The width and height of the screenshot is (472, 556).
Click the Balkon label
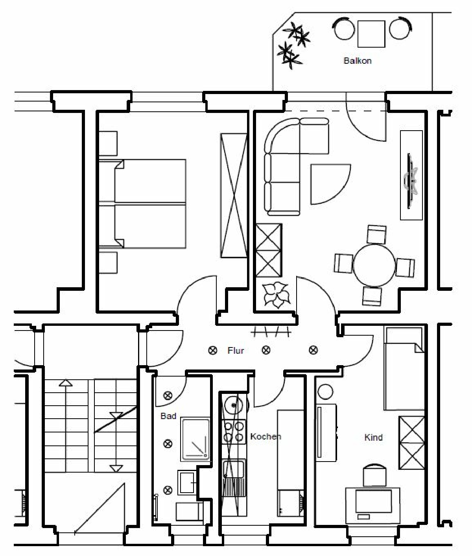[358, 61]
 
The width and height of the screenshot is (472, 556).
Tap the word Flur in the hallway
[236, 351]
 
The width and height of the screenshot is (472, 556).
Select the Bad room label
[168, 416]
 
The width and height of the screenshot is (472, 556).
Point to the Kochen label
[265, 436]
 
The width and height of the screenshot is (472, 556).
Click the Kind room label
[373, 438]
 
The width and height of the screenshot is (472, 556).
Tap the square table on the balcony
[371, 34]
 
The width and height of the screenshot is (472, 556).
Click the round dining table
[374, 265]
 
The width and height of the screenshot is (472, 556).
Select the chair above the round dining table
[376, 235]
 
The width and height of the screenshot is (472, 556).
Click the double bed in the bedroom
[142, 203]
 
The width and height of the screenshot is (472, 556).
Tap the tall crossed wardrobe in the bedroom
[234, 196]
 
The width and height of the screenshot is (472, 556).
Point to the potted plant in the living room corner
[277, 294]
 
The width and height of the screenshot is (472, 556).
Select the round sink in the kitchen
[234, 405]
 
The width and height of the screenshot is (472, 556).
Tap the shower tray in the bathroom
[195, 438]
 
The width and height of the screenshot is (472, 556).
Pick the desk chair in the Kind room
[374, 476]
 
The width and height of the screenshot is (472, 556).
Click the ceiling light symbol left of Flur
[213, 351]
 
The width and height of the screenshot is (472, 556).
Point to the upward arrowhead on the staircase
[66, 383]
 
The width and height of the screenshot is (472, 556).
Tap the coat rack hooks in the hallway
[271, 332]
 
